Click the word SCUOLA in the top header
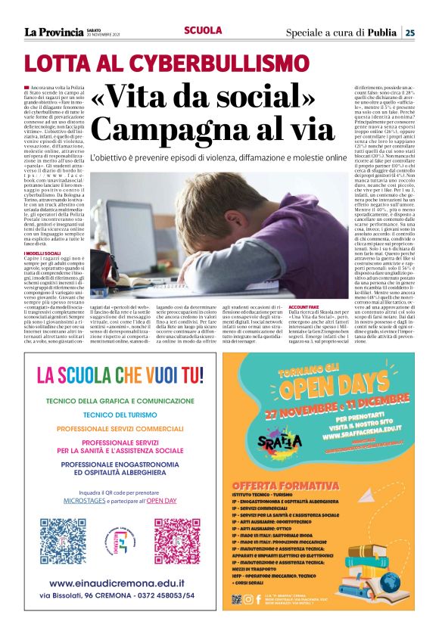pyautogui.click(x=203, y=30)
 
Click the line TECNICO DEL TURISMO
pyautogui.click(x=120, y=415)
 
